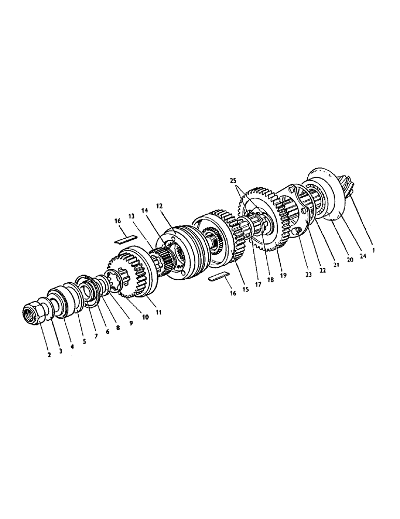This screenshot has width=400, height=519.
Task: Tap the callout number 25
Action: (x=237, y=181)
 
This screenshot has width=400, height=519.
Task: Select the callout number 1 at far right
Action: (x=373, y=249)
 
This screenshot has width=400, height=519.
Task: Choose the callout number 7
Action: (x=96, y=335)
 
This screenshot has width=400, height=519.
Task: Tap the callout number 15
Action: (x=246, y=289)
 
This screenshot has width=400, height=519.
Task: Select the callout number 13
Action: (x=131, y=215)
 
